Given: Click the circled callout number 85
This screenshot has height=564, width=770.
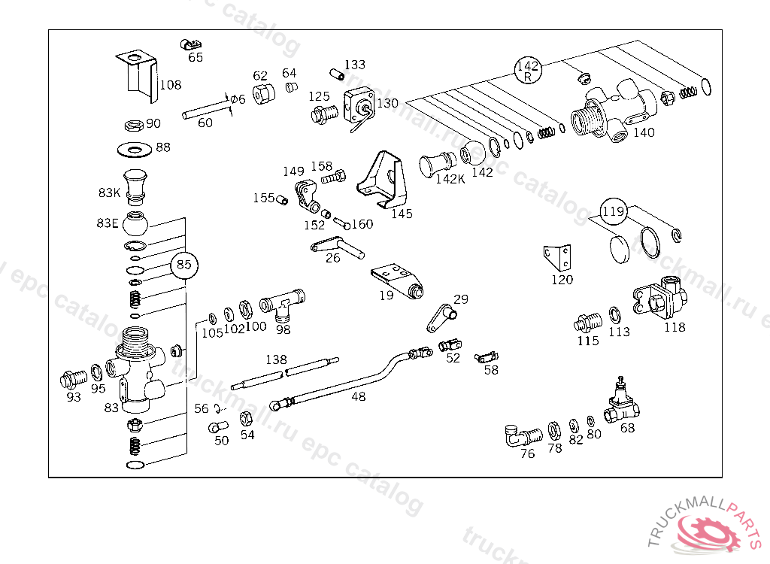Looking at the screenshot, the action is (x=183, y=265).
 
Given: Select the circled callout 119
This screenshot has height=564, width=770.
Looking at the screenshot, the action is (x=614, y=211).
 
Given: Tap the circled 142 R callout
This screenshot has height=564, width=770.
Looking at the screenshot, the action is (x=528, y=71).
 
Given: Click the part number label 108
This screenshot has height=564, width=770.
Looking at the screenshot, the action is (x=171, y=85).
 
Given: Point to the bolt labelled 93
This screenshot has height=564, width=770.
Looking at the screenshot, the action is (x=73, y=380).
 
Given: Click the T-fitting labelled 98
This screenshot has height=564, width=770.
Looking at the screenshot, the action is (x=282, y=305).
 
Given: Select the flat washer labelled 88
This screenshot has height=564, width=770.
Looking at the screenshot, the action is (x=135, y=150).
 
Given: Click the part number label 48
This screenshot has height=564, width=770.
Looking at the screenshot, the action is (x=359, y=396).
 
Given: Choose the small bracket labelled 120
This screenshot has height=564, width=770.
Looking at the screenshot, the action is (x=558, y=258).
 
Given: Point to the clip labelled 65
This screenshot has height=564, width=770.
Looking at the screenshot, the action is (x=190, y=44).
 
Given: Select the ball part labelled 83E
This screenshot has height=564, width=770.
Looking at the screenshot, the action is (x=135, y=223).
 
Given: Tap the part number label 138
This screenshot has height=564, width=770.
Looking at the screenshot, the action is (x=276, y=359).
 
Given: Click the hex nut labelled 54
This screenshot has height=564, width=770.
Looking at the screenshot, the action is (x=246, y=419).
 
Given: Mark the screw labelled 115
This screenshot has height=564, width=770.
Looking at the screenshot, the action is (x=587, y=323).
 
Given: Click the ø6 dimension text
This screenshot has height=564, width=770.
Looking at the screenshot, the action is (x=238, y=99).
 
